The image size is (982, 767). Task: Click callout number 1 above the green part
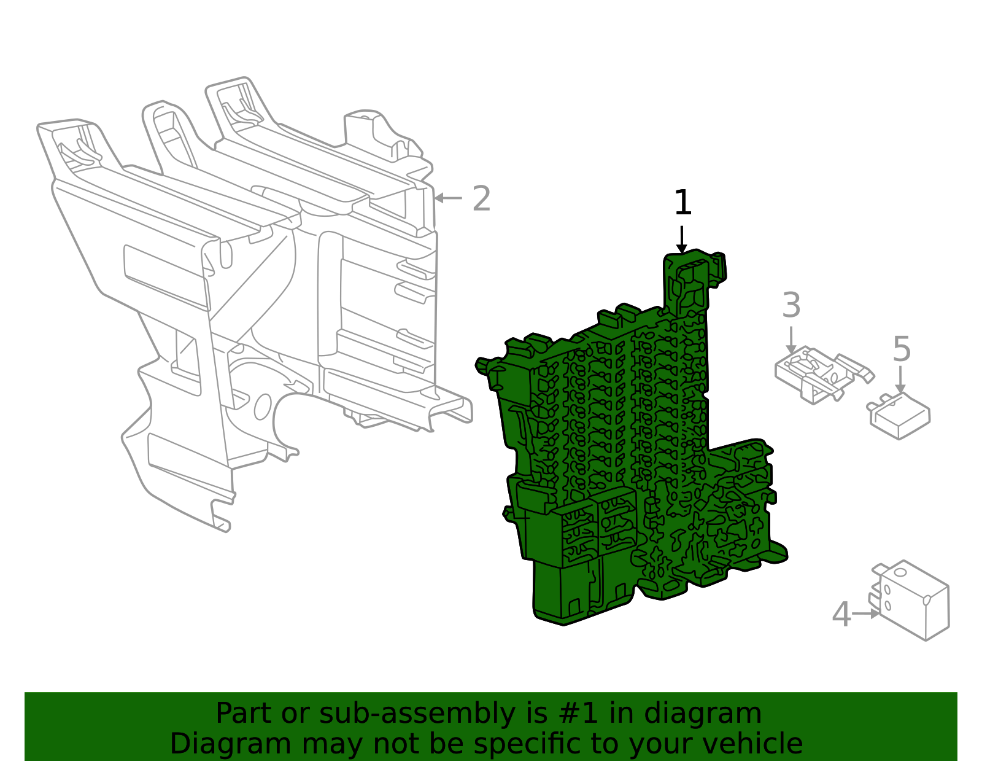coord(682,203)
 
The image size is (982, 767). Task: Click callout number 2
coord(482,199)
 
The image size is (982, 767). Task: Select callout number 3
coord(791,306)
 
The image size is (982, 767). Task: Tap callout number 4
coord(841,615)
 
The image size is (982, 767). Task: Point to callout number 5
coord(901,350)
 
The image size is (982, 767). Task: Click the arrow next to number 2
coord(447,198)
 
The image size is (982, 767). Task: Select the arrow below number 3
coord(791,340)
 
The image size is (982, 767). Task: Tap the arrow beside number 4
coord(866,613)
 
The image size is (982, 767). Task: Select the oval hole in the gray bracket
coord(263,407)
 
